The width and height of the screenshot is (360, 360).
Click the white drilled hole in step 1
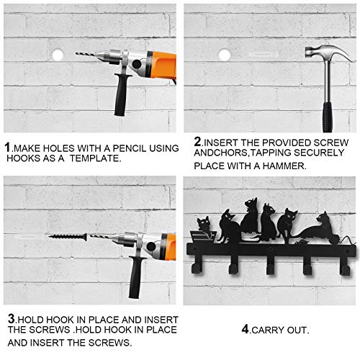click(58, 55)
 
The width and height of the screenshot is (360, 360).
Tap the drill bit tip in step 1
click(76, 53)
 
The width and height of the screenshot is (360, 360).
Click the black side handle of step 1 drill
click(122, 94)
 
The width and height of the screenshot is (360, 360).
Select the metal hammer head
click(328, 53)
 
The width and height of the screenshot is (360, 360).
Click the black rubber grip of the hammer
click(328, 117)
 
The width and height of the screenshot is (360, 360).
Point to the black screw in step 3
click(68, 237)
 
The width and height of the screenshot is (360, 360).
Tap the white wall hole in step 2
click(225, 55)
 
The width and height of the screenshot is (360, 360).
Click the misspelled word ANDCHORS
click(221, 153)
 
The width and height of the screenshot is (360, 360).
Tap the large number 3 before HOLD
click(12, 319)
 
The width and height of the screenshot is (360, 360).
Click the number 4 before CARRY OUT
click(245, 329)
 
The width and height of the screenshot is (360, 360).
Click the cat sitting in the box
click(204, 225)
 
